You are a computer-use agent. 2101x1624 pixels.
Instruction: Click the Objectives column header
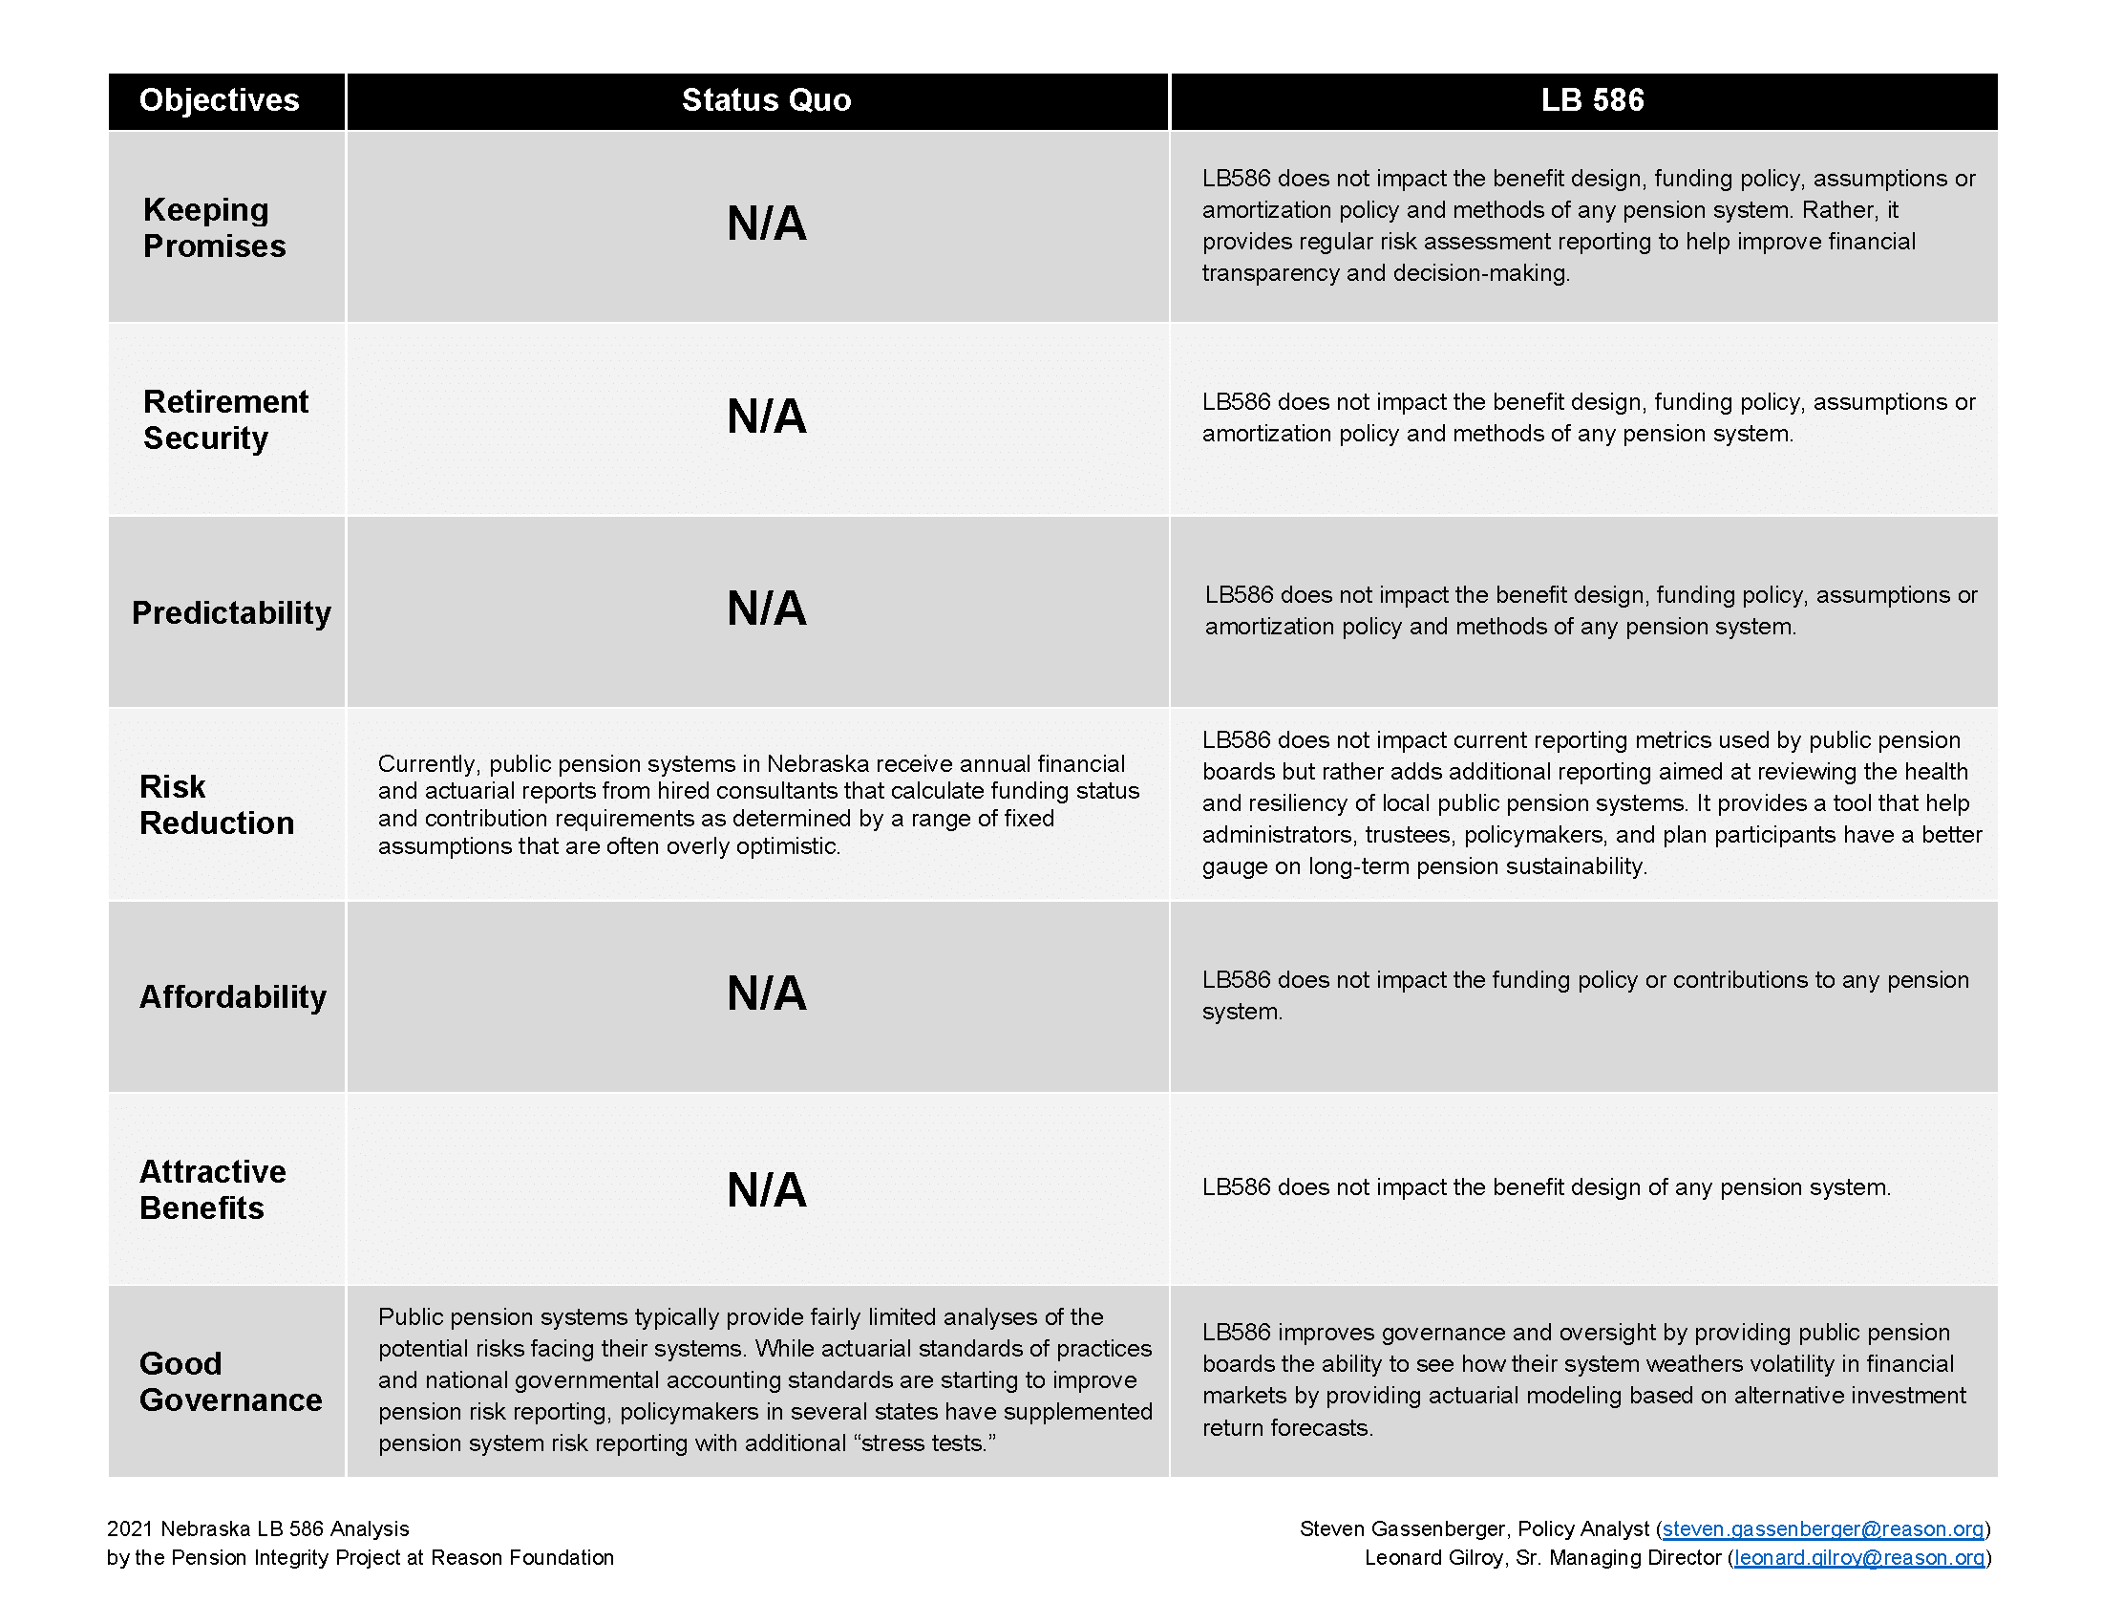coord(220,100)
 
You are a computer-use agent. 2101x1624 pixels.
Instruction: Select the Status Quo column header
coord(766,100)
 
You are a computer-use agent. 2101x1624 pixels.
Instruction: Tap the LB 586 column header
coord(1592,100)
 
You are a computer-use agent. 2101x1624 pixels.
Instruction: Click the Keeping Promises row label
coord(214,228)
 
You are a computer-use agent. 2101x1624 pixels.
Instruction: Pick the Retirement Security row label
coord(225,419)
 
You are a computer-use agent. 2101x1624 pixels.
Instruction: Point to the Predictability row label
coord(231,613)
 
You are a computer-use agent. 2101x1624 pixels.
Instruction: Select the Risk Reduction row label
coord(217,805)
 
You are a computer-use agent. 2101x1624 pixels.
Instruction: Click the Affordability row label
coord(233,996)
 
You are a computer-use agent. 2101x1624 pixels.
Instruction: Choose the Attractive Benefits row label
coord(213,1189)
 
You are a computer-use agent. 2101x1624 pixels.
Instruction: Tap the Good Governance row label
coord(230,1381)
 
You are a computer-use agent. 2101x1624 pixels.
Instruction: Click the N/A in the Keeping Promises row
coord(766,224)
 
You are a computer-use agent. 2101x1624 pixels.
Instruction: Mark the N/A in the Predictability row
coord(766,609)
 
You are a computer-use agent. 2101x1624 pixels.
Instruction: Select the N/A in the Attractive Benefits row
coord(766,1190)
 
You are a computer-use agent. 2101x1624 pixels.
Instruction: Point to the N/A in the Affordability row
coord(766,994)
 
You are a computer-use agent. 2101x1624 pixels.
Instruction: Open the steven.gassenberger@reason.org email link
coord(1822,1529)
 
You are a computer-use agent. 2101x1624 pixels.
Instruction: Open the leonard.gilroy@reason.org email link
coord(1858,1558)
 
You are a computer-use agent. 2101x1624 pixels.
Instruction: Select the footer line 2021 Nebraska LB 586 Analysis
coord(258,1529)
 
